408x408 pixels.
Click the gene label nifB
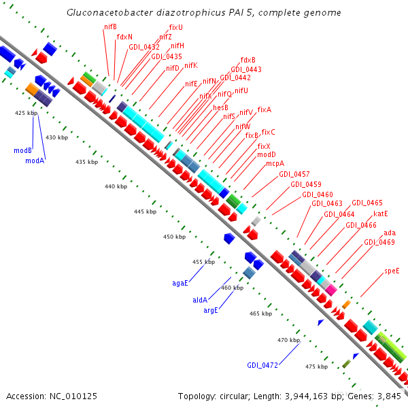110,27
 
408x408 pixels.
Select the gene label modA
35,160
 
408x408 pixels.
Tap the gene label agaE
180,282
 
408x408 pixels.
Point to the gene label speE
392,271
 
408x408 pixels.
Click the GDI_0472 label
262,365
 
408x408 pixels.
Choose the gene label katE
381,214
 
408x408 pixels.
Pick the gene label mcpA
275,163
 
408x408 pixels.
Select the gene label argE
211,310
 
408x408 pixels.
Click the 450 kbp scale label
174,237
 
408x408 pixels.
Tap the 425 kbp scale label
25,113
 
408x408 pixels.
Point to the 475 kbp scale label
316,367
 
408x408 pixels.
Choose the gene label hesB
221,107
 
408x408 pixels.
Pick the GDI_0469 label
379,242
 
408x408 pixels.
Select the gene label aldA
200,299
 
